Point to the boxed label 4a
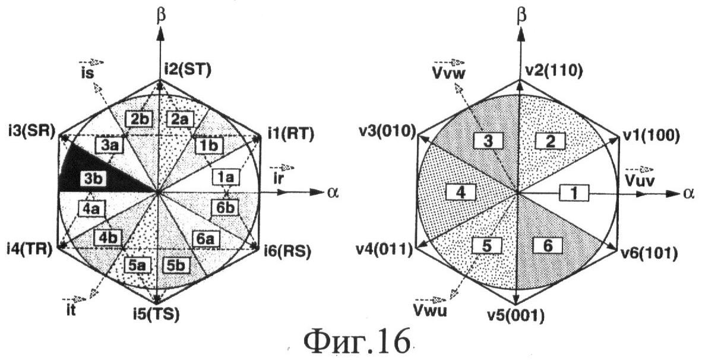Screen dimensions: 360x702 click(x=90, y=208)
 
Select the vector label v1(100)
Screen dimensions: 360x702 click(x=651, y=135)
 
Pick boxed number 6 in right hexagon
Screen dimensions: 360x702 click(x=548, y=245)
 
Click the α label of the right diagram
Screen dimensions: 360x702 click(x=688, y=193)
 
